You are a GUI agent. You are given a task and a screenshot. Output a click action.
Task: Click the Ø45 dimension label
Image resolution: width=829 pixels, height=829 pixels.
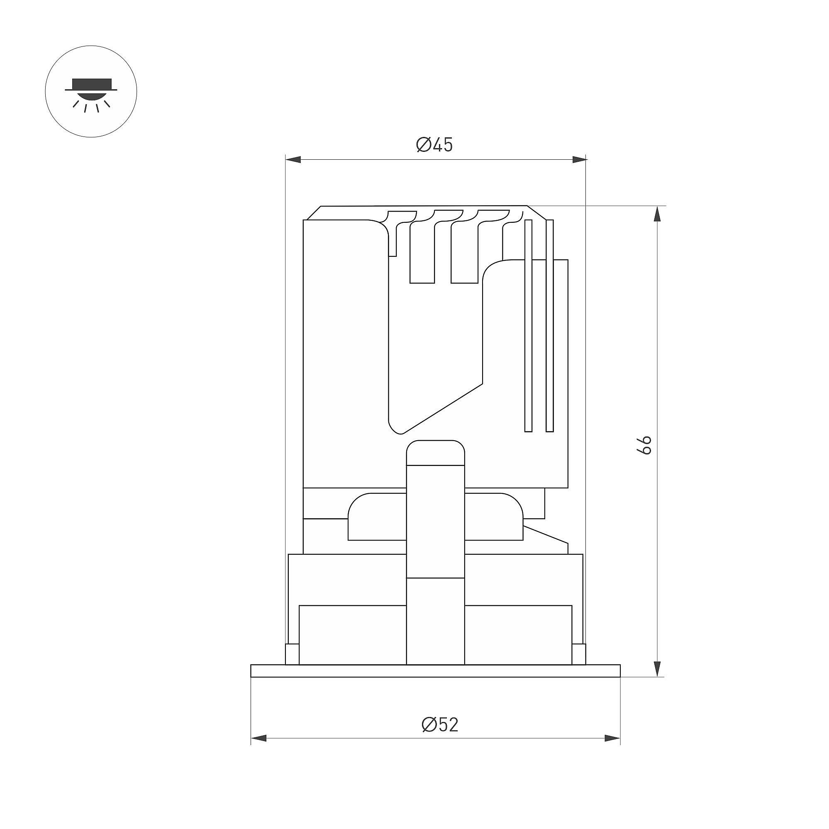pos(434,145)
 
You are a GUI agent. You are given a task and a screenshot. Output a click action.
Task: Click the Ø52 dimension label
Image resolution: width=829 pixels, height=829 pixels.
pos(440,725)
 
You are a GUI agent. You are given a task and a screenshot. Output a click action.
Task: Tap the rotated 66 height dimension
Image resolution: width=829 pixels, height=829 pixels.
pos(644,445)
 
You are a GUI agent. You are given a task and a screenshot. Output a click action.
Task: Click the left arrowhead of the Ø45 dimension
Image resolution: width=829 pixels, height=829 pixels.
pos(293,160)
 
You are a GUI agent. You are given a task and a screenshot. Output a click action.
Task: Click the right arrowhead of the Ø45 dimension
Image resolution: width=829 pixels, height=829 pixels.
pos(579,160)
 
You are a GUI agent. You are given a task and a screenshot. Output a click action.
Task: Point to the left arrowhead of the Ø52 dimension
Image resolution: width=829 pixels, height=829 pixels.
pos(258,739)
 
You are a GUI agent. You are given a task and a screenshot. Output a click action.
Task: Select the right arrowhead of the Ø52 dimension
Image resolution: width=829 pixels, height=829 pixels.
pos(613,739)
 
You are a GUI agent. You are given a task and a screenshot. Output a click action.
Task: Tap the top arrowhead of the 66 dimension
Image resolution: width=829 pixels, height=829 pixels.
pos(656,214)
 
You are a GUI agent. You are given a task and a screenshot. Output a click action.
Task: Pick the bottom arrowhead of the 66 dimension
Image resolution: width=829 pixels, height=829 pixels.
pos(656,669)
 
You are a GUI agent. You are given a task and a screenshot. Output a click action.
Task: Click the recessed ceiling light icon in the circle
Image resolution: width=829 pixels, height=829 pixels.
pos(91,95)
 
